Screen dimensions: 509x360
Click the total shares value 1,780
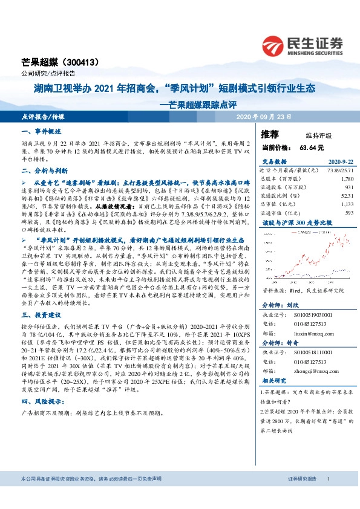(x=347, y=179)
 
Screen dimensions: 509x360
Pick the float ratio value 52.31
(x=347, y=195)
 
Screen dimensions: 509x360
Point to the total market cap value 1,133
(x=347, y=204)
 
